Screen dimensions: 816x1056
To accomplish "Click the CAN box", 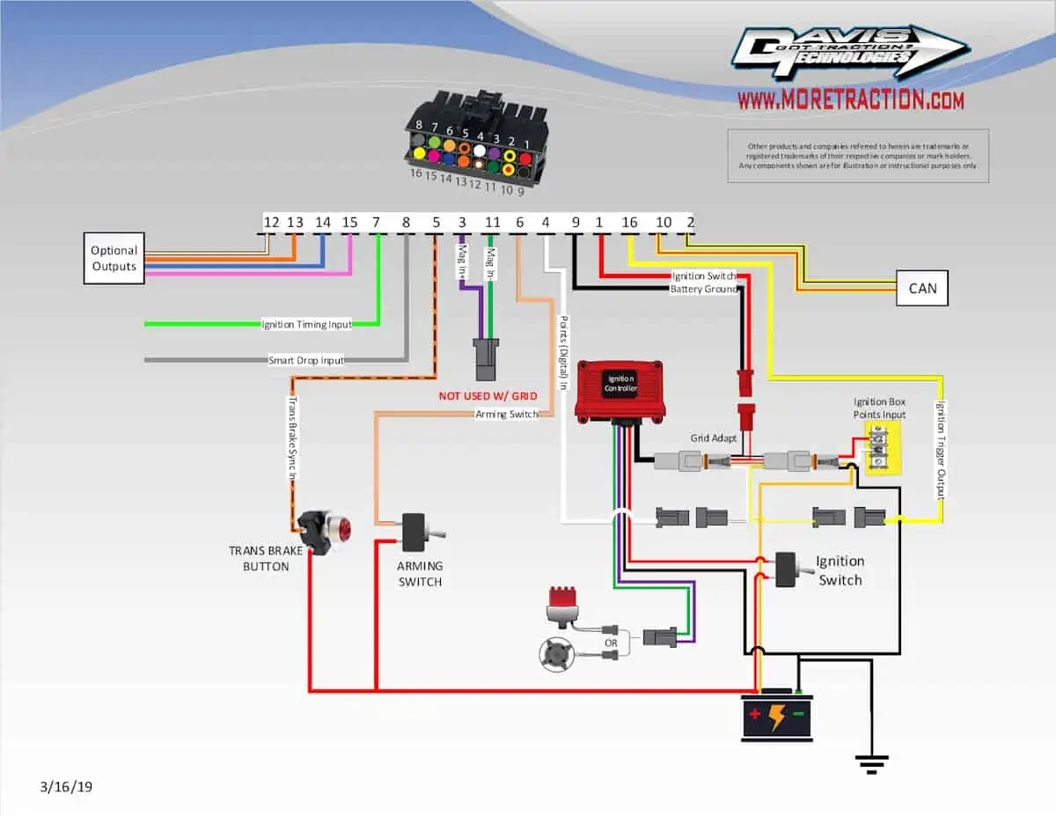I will (x=921, y=289).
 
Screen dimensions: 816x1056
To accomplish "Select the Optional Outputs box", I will (x=114, y=258).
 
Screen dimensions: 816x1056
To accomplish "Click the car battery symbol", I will (x=776, y=716).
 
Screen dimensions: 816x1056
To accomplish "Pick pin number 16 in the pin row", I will (x=629, y=223).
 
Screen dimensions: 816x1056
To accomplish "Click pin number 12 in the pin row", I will (x=271, y=223).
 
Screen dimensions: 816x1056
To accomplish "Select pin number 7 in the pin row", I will (x=376, y=223).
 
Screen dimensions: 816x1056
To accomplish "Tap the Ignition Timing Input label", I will (x=306, y=325).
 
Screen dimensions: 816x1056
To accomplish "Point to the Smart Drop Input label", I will (x=306, y=360).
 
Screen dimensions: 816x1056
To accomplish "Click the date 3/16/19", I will (x=65, y=786).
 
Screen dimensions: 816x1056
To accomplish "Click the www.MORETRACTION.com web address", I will (x=850, y=100).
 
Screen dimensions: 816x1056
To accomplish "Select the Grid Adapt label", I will (x=714, y=437).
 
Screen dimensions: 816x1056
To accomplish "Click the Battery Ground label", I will (x=702, y=289).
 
